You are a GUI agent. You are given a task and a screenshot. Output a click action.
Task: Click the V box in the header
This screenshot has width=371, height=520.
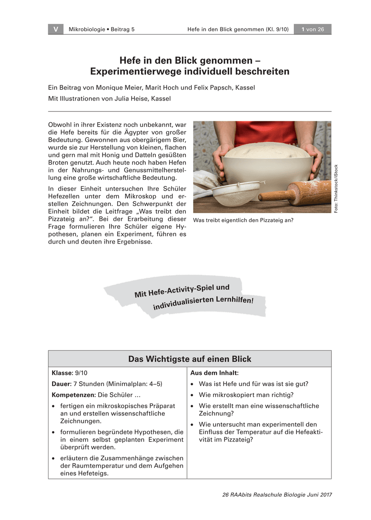coord(56,29)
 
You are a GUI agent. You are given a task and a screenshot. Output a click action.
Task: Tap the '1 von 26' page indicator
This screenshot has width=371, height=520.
coord(312,29)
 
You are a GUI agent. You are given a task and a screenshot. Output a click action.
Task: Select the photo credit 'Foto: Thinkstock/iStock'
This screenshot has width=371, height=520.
coord(336,188)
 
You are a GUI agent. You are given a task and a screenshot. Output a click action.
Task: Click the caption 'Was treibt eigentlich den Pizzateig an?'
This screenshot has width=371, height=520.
coord(243,220)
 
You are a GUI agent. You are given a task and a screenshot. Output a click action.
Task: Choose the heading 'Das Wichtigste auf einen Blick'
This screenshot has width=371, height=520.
coord(190,359)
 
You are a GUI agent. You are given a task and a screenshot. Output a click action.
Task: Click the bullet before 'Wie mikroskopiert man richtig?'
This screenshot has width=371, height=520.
coord(192,395)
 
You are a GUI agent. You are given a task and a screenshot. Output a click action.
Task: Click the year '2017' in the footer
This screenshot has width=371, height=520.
coord(324,495)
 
